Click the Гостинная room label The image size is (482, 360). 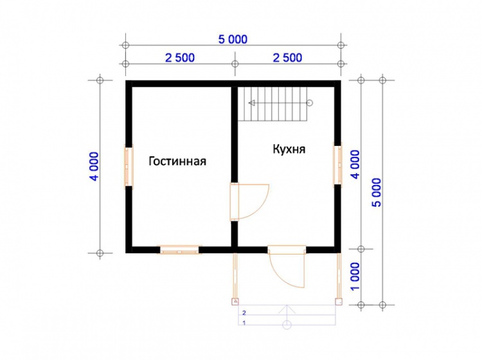coord(177,161)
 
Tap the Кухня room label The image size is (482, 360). coord(289,149)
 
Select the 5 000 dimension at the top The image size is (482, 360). coord(233,39)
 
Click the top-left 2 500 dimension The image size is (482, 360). coord(180,58)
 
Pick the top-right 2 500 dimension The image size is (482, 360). coord(287,58)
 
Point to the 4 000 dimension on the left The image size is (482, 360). coord(94,166)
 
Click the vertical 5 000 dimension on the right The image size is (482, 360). coord(376,192)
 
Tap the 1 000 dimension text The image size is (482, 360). coord(355,276)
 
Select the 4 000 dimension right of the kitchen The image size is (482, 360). coord(355,165)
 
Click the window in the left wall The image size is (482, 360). coord(129,166)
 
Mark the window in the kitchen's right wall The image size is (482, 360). coord(338,165)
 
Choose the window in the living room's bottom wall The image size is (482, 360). coord(179,249)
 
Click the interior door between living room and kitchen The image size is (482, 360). coord(249,202)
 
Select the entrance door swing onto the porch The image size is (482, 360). coord(287,266)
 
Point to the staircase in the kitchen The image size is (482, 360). coord(273,104)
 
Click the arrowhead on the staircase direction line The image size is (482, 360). coord(252,103)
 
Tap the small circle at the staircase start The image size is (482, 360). coord(310,103)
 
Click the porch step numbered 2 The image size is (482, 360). coord(287,310)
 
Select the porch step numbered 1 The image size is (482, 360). coord(287,320)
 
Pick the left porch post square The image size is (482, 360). coord(235,301)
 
